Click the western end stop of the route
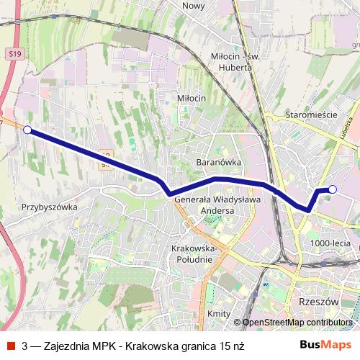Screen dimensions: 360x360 tap(27, 130)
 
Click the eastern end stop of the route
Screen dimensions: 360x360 tap(333, 189)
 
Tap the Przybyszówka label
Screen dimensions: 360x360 tap(49, 207)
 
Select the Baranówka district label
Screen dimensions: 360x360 tap(218, 163)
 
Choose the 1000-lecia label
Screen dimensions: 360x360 tap(330, 243)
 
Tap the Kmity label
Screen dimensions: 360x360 tap(218, 314)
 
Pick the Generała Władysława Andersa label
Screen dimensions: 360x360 tap(214, 205)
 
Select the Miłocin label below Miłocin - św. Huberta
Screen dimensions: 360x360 tap(191, 97)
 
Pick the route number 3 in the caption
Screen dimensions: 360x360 tap(25, 346)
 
